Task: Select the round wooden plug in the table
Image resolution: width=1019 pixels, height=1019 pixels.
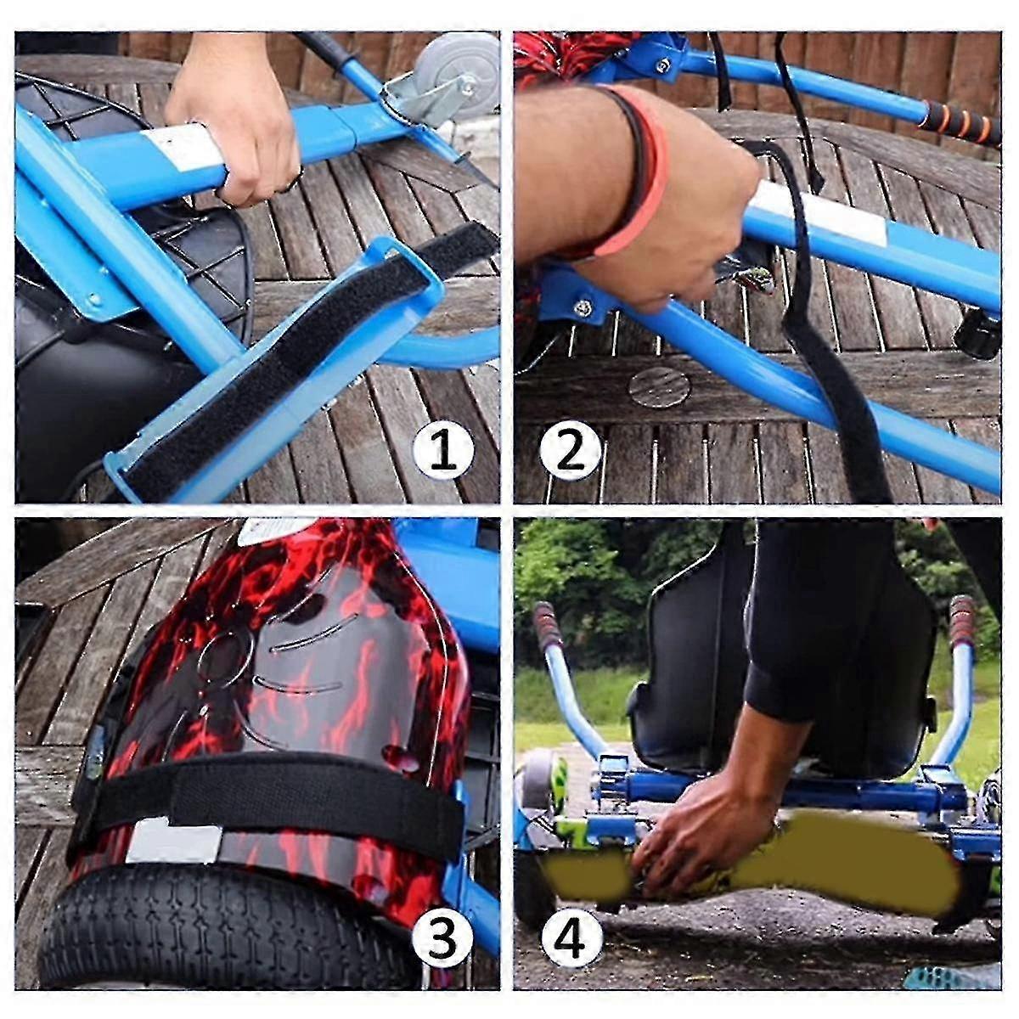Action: coord(659,385)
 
